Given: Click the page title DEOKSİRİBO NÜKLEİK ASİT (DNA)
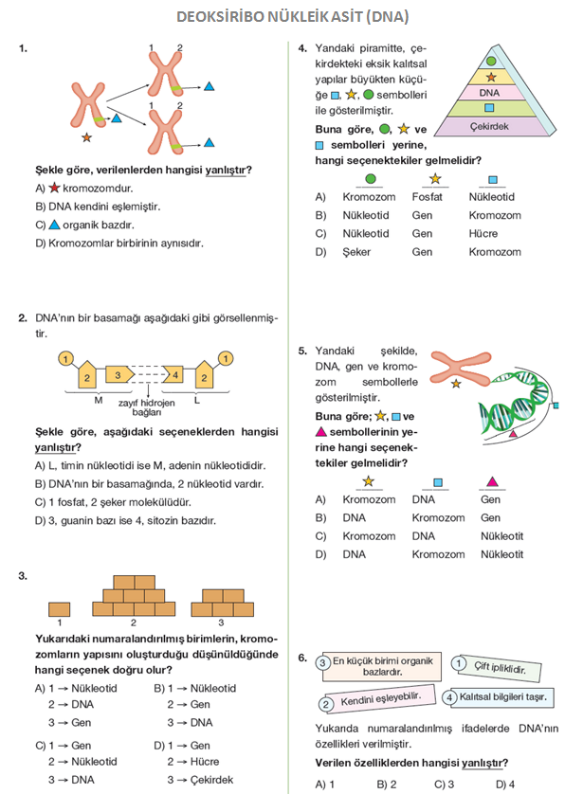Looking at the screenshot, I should coord(291,17).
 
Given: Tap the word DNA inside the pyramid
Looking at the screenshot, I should coord(489,93).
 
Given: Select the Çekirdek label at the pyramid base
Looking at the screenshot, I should coord(490,126).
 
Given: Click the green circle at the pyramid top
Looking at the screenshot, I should coord(490,60).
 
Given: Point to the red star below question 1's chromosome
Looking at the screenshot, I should coord(87,138).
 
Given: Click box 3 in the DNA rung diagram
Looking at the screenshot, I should coord(118,376).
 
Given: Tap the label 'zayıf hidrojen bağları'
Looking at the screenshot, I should coord(147,407).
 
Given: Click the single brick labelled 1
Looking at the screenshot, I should coord(59,607).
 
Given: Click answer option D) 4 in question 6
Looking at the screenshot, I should coord(505,784).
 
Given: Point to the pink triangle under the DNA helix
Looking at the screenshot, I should coord(514,432).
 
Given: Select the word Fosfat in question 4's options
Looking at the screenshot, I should coord(428,197).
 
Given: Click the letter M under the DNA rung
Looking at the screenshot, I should coord(99,401).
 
